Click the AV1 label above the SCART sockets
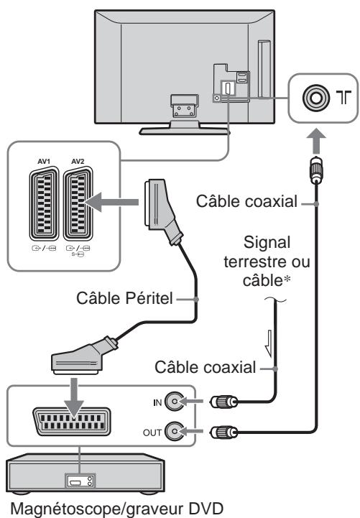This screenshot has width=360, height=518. click(44, 161)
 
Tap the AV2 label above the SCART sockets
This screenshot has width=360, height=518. click(78, 161)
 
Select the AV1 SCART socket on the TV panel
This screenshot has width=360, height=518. click(44, 203)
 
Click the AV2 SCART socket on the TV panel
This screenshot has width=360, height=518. click(78, 203)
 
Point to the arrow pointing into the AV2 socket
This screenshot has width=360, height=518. click(111, 202)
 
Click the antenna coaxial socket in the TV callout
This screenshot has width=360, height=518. click(315, 98)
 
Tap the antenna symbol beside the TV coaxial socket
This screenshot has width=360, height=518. click(343, 98)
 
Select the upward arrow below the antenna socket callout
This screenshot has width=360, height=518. click(316, 141)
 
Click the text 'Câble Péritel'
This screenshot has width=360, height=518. click(124, 298)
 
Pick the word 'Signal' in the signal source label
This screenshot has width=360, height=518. click(267, 243)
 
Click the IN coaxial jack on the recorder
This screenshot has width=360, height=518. click(174, 402)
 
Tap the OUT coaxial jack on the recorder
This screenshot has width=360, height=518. click(174, 432)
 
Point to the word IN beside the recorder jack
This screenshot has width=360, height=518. click(157, 402)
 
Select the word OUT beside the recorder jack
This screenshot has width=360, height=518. click(152, 433)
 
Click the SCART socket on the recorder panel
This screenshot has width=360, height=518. click(71, 422)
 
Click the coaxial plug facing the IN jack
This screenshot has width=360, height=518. click(223, 402)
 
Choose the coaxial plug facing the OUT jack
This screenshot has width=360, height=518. click(223, 432)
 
